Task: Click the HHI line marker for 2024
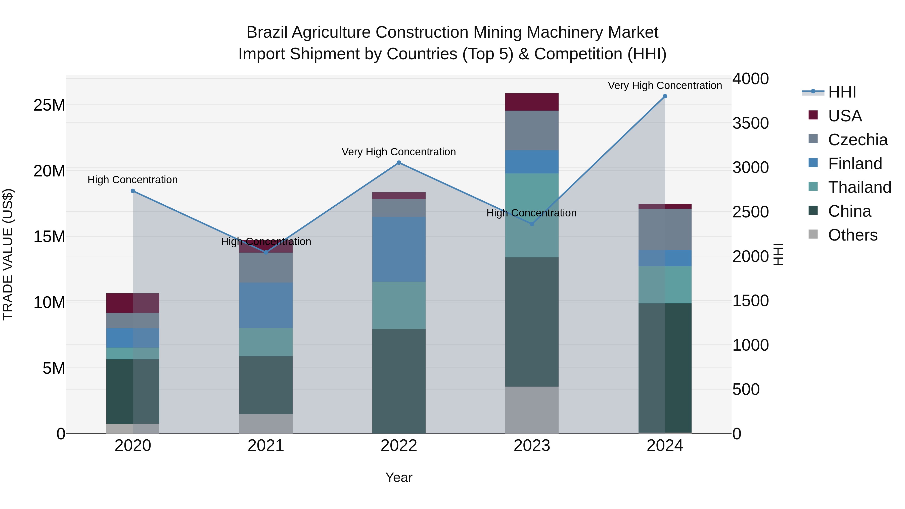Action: [665, 96]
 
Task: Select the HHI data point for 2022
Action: [399, 163]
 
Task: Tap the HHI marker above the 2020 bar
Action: [133, 191]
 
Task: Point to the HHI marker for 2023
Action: [532, 224]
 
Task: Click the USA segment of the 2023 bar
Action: [532, 102]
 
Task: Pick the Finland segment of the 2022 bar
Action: [399, 249]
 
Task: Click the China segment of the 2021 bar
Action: [266, 385]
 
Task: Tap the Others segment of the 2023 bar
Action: [532, 410]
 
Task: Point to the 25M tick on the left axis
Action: [49, 105]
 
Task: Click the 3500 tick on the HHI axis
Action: [750, 123]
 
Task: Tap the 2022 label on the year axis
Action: [399, 446]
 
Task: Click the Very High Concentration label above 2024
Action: [665, 85]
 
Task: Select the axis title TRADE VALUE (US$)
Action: [8, 254]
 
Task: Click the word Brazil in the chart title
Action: [267, 32]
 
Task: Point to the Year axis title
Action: [399, 477]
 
